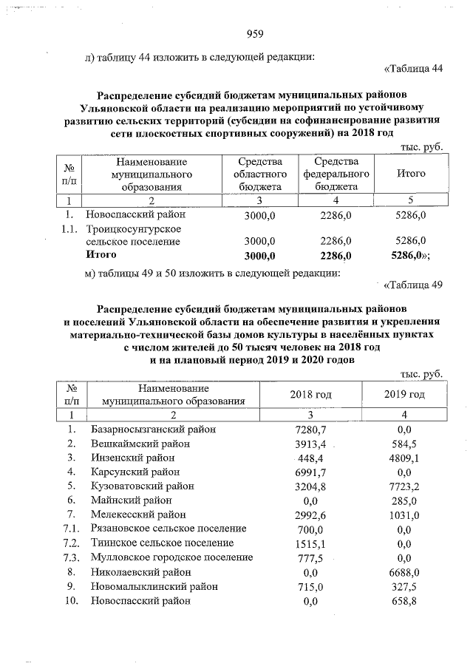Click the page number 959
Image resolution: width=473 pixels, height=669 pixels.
pyautogui.click(x=254, y=33)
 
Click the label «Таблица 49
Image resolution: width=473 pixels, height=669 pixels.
pyautogui.click(x=413, y=286)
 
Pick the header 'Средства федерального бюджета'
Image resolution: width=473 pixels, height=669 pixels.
pyautogui.click(x=336, y=174)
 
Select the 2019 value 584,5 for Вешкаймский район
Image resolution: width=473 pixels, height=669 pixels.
pyautogui.click(x=404, y=444)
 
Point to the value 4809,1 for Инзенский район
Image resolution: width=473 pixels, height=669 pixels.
pyautogui.click(x=404, y=458)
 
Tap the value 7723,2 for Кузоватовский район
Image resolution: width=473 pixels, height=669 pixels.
pyautogui.click(x=404, y=486)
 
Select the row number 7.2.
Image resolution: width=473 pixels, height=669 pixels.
pyautogui.click(x=71, y=543)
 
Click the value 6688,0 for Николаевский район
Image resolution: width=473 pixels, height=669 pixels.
pyautogui.click(x=404, y=572)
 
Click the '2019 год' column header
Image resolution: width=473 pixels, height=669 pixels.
pyautogui.click(x=404, y=394)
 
